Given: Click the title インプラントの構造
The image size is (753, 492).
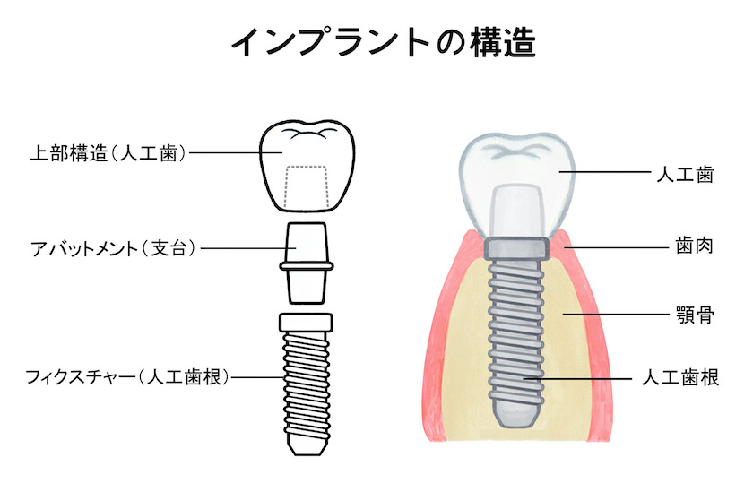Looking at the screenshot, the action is point(384,43).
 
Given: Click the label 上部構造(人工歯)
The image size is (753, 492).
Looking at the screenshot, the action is point(108,153).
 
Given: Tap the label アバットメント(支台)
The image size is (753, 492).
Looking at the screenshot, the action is point(113,248).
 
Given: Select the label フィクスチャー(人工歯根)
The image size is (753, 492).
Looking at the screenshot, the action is point(126,377).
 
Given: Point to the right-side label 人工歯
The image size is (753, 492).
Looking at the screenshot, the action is point(685,174).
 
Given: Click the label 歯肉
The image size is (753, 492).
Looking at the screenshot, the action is point(695,246).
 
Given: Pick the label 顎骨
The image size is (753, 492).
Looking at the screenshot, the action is point(695,315).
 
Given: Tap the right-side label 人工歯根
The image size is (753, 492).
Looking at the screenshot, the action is point(680,378).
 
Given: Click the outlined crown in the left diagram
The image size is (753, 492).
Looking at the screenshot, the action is point(307,166).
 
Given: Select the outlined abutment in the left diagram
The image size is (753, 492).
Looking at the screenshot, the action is point(307,263).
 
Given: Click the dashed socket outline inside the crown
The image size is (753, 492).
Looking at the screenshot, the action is point(306,187).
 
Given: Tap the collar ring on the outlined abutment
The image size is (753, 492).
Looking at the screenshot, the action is point(307,266).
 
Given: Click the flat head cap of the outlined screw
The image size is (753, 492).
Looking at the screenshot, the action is point(306,323).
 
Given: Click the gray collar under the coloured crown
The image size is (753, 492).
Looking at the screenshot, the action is point(516,248).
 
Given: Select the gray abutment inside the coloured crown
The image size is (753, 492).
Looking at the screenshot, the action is point(516,211).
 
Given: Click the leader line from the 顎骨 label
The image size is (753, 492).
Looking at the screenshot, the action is point(616,315).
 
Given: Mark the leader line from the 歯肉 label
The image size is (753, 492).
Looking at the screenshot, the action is point(617,247).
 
